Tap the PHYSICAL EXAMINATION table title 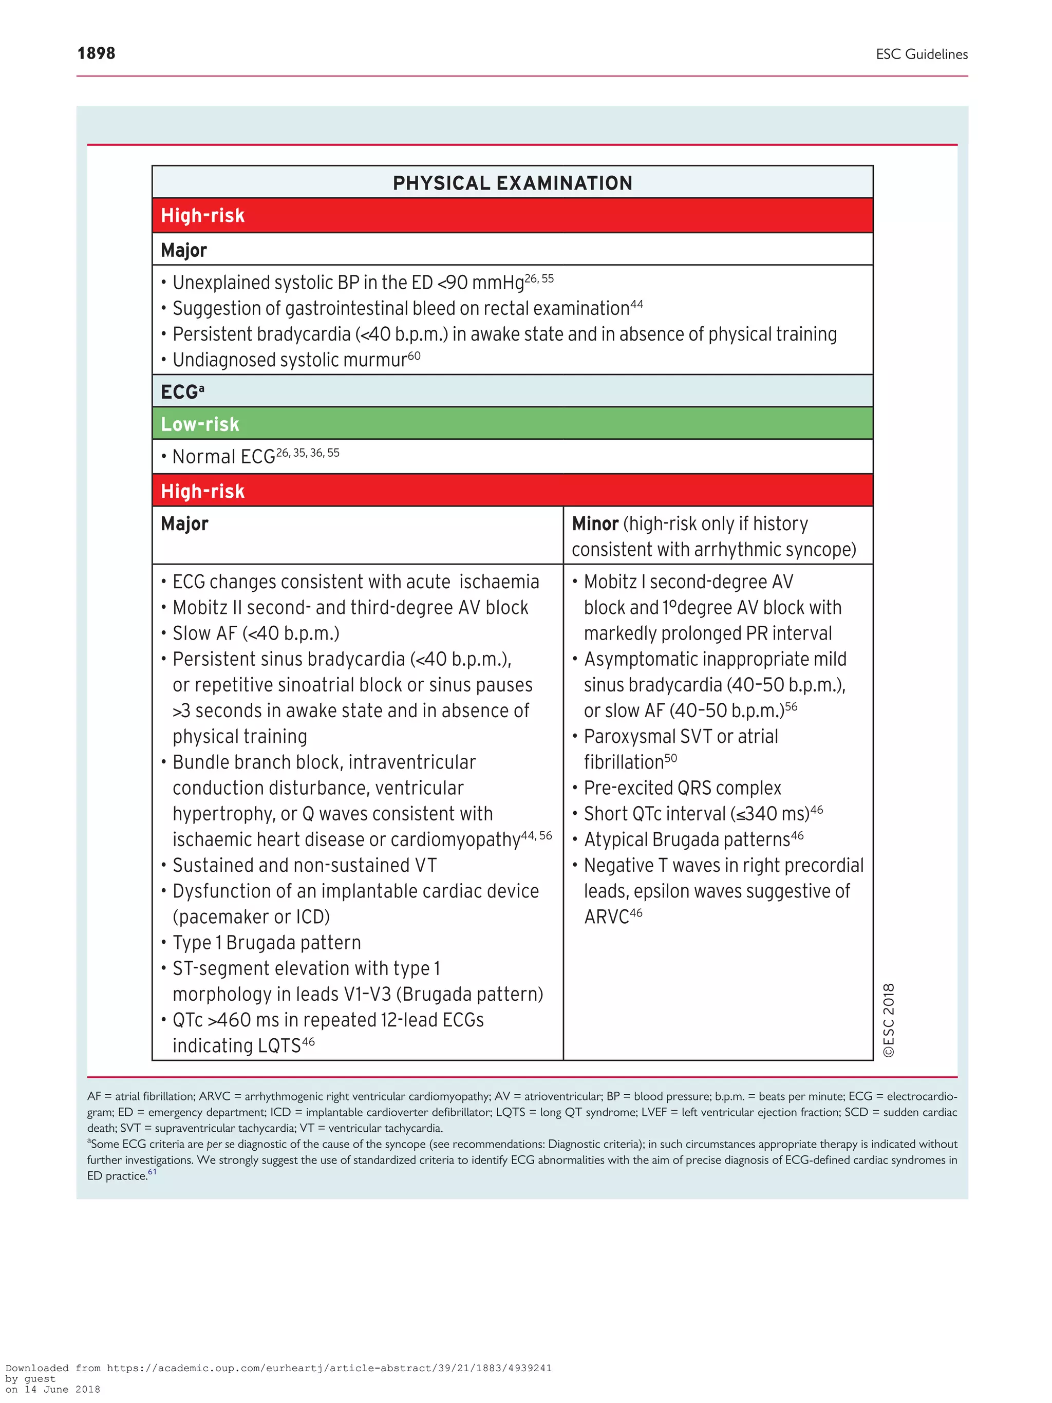(512, 183)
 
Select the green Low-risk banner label (200, 424)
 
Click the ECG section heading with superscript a (182, 392)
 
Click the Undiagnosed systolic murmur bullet (290, 360)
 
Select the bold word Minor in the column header (594, 524)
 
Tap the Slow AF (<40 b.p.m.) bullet (255, 633)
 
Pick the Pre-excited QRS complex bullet (682, 788)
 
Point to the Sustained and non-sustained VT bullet (305, 865)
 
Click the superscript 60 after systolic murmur (414, 356)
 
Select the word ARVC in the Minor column (606, 917)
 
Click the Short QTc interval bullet (696, 814)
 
